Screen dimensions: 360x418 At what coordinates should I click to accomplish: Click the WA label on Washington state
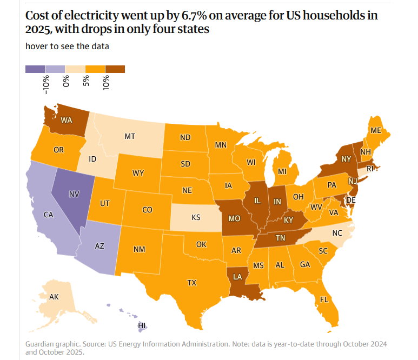(x=67, y=119)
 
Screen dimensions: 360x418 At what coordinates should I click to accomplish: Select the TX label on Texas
(x=191, y=282)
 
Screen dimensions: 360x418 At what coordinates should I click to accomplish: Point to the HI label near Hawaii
(x=142, y=325)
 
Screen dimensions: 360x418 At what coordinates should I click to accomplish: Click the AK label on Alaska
(x=54, y=297)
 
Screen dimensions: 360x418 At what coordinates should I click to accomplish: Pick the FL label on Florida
(x=324, y=299)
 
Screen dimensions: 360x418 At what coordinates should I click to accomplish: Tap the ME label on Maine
(x=375, y=130)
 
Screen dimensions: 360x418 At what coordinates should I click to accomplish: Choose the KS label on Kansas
(x=196, y=218)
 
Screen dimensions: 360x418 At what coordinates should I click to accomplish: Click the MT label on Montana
(x=130, y=136)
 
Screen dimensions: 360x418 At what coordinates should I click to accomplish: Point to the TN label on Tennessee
(x=281, y=238)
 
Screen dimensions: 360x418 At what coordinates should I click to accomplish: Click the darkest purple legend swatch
(x=35, y=69)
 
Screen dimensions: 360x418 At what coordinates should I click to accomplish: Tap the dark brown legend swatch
(x=115, y=69)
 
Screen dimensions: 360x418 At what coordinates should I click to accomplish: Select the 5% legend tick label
(x=86, y=83)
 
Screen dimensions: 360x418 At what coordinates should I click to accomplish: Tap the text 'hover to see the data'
(x=67, y=46)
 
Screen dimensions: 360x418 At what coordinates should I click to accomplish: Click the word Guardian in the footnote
(x=40, y=344)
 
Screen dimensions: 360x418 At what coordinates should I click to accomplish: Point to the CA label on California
(x=48, y=215)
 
